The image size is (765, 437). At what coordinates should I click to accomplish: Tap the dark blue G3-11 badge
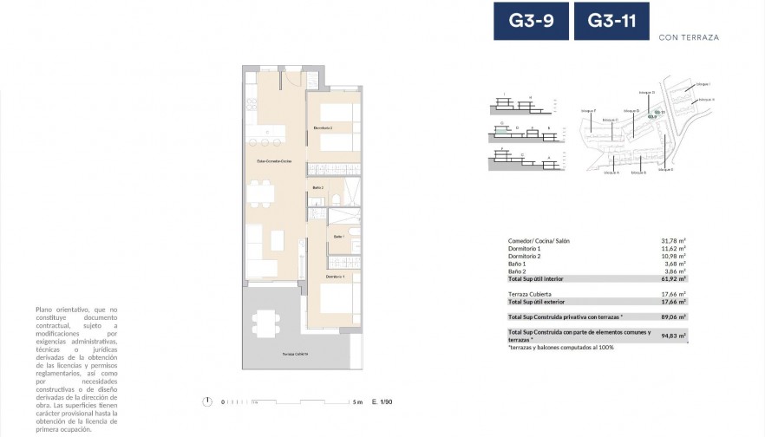coord(611,21)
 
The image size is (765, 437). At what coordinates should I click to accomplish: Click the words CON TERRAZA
coord(689,37)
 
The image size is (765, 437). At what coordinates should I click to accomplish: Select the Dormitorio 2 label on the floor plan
coord(324,128)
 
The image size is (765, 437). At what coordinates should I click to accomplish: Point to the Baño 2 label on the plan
coord(317,187)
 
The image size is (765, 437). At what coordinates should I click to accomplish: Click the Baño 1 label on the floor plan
coord(338,237)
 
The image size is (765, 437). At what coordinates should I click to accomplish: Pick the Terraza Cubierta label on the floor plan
coord(295,355)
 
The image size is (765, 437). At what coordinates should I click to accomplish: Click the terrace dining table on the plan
coord(265,323)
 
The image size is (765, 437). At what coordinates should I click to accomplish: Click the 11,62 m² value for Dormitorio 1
coord(675,249)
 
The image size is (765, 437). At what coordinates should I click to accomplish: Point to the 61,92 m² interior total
coord(675,278)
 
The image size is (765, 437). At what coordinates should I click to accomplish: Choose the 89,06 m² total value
coord(675,317)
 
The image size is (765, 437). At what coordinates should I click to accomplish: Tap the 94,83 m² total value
coord(675,336)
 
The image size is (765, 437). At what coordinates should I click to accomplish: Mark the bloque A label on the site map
coord(611,172)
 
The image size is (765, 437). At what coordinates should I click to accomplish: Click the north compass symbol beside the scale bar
coord(207,401)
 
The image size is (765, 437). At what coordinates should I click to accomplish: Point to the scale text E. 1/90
coord(382,402)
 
